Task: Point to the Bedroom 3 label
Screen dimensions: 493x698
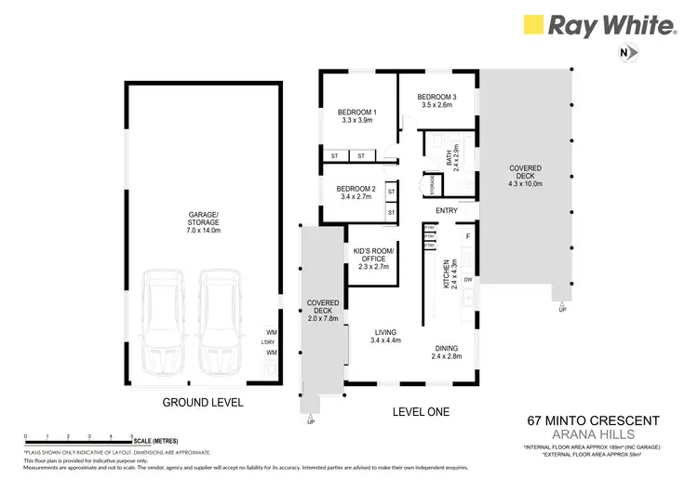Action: pyautogui.click(x=436, y=100)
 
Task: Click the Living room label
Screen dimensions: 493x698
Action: pyautogui.click(x=385, y=336)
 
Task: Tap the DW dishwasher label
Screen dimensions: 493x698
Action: pyautogui.click(x=468, y=279)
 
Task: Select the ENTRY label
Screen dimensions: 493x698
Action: pyautogui.click(x=446, y=210)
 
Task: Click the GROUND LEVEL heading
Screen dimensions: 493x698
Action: pyautogui.click(x=203, y=403)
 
